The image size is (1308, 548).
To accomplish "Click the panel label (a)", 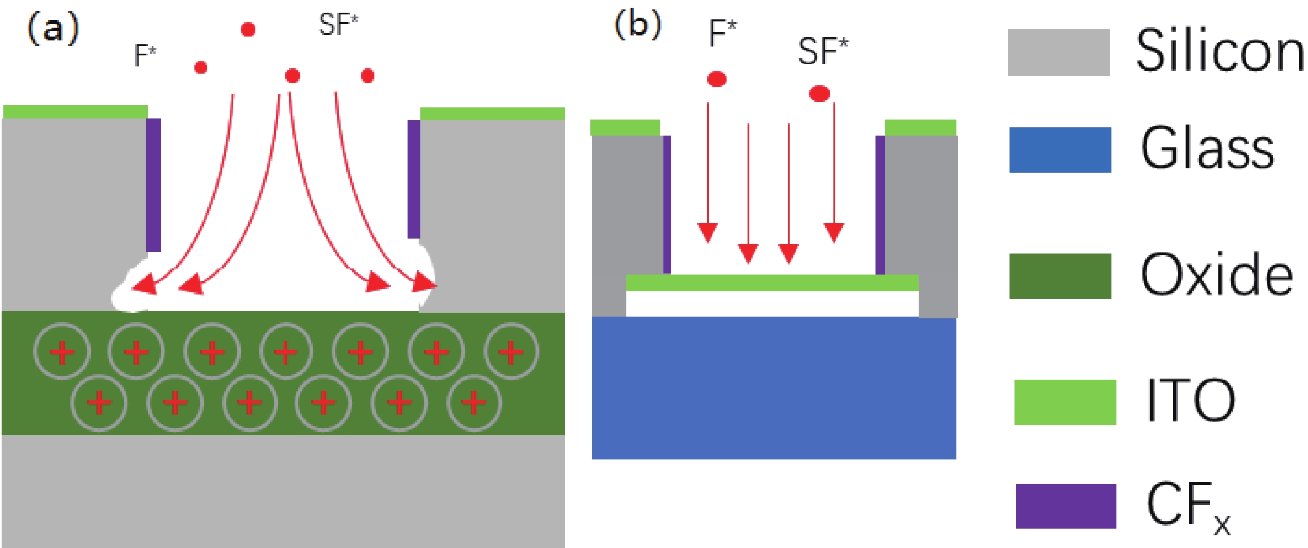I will pyautogui.click(x=53, y=29).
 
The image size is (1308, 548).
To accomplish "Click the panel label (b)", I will pyautogui.click(x=638, y=25).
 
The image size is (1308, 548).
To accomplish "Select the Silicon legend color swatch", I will pyautogui.click(x=1058, y=52).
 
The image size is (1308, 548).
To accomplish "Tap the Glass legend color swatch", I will pyautogui.click(x=1060, y=150).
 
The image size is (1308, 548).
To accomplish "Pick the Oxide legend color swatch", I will pyautogui.click(x=1060, y=276).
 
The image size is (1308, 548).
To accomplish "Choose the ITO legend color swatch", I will pyautogui.click(x=1065, y=402).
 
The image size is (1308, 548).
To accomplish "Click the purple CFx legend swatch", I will pyautogui.click(x=1065, y=506).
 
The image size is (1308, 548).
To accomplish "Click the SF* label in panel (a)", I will pyautogui.click(x=338, y=25).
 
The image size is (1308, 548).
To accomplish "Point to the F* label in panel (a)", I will pyautogui.click(x=145, y=55).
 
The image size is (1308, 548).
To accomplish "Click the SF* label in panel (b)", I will pyautogui.click(x=823, y=51).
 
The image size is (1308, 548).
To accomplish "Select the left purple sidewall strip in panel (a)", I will pyautogui.click(x=153, y=185).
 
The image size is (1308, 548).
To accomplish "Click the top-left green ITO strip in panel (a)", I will pyautogui.click(x=75, y=112).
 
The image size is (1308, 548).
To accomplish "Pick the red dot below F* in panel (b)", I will pyautogui.click(x=717, y=79).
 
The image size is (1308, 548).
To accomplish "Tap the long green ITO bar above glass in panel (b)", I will pyautogui.click(x=772, y=283).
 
